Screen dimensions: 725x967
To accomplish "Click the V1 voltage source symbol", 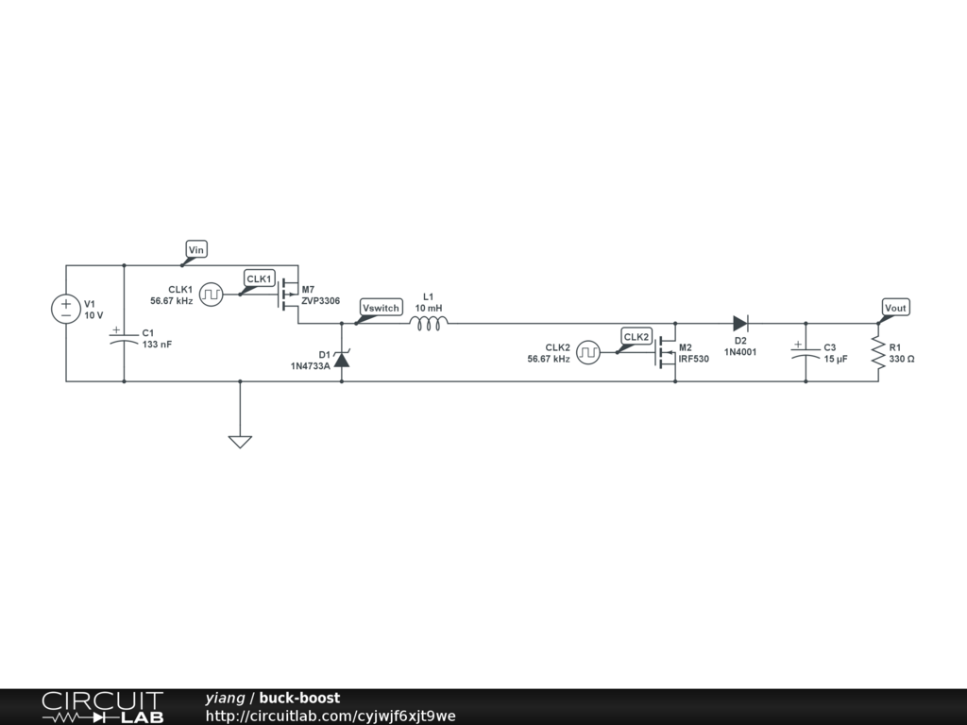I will pyautogui.click(x=66, y=310).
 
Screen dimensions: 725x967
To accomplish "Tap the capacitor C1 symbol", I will pyautogui.click(x=124, y=339).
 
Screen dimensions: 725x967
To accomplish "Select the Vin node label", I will pyautogui.click(x=196, y=249).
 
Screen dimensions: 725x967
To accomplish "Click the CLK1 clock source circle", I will pyautogui.click(x=212, y=295).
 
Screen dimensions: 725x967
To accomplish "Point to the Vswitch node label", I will pyautogui.click(x=382, y=308).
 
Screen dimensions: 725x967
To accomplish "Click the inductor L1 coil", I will pyautogui.click(x=429, y=323).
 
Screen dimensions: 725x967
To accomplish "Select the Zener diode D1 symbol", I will pyautogui.click(x=342, y=359).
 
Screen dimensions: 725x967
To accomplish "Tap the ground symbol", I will pyautogui.click(x=240, y=440).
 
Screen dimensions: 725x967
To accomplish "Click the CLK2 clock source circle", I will pyautogui.click(x=589, y=353).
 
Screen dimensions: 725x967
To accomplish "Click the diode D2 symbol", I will pyautogui.click(x=740, y=323).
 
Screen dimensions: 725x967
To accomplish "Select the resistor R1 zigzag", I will pyautogui.click(x=878, y=353).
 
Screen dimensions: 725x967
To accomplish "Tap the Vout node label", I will pyautogui.click(x=895, y=308).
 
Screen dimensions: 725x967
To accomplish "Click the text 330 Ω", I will pyautogui.click(x=902, y=360).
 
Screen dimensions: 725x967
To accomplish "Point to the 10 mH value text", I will pyautogui.click(x=429, y=309).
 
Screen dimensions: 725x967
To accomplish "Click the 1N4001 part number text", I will pyautogui.click(x=740, y=352).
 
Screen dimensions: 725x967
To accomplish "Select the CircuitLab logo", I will pyautogui.click(x=102, y=707).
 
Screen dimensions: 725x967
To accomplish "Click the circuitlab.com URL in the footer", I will pyautogui.click(x=331, y=716).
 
